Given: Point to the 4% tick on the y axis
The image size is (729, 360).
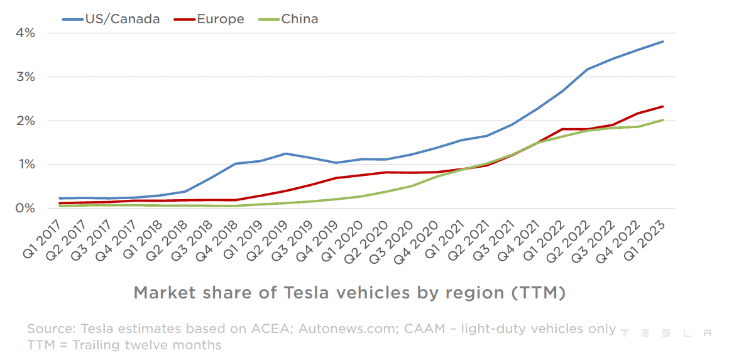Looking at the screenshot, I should tap(25, 33).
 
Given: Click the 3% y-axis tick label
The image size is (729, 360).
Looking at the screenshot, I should tap(25, 77).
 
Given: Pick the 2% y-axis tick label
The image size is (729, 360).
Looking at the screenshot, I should tap(25, 121).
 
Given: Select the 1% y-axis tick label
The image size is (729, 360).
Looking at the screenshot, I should tap(25, 165).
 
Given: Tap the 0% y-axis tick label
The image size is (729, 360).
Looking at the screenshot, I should tap(25, 208).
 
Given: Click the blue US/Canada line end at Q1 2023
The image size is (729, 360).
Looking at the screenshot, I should tap(663, 41).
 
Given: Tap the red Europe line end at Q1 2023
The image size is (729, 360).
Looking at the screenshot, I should tap(663, 106).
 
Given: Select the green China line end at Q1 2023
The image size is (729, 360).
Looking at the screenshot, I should tap(663, 120).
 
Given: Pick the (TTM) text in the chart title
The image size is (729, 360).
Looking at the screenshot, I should tap(538, 293).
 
